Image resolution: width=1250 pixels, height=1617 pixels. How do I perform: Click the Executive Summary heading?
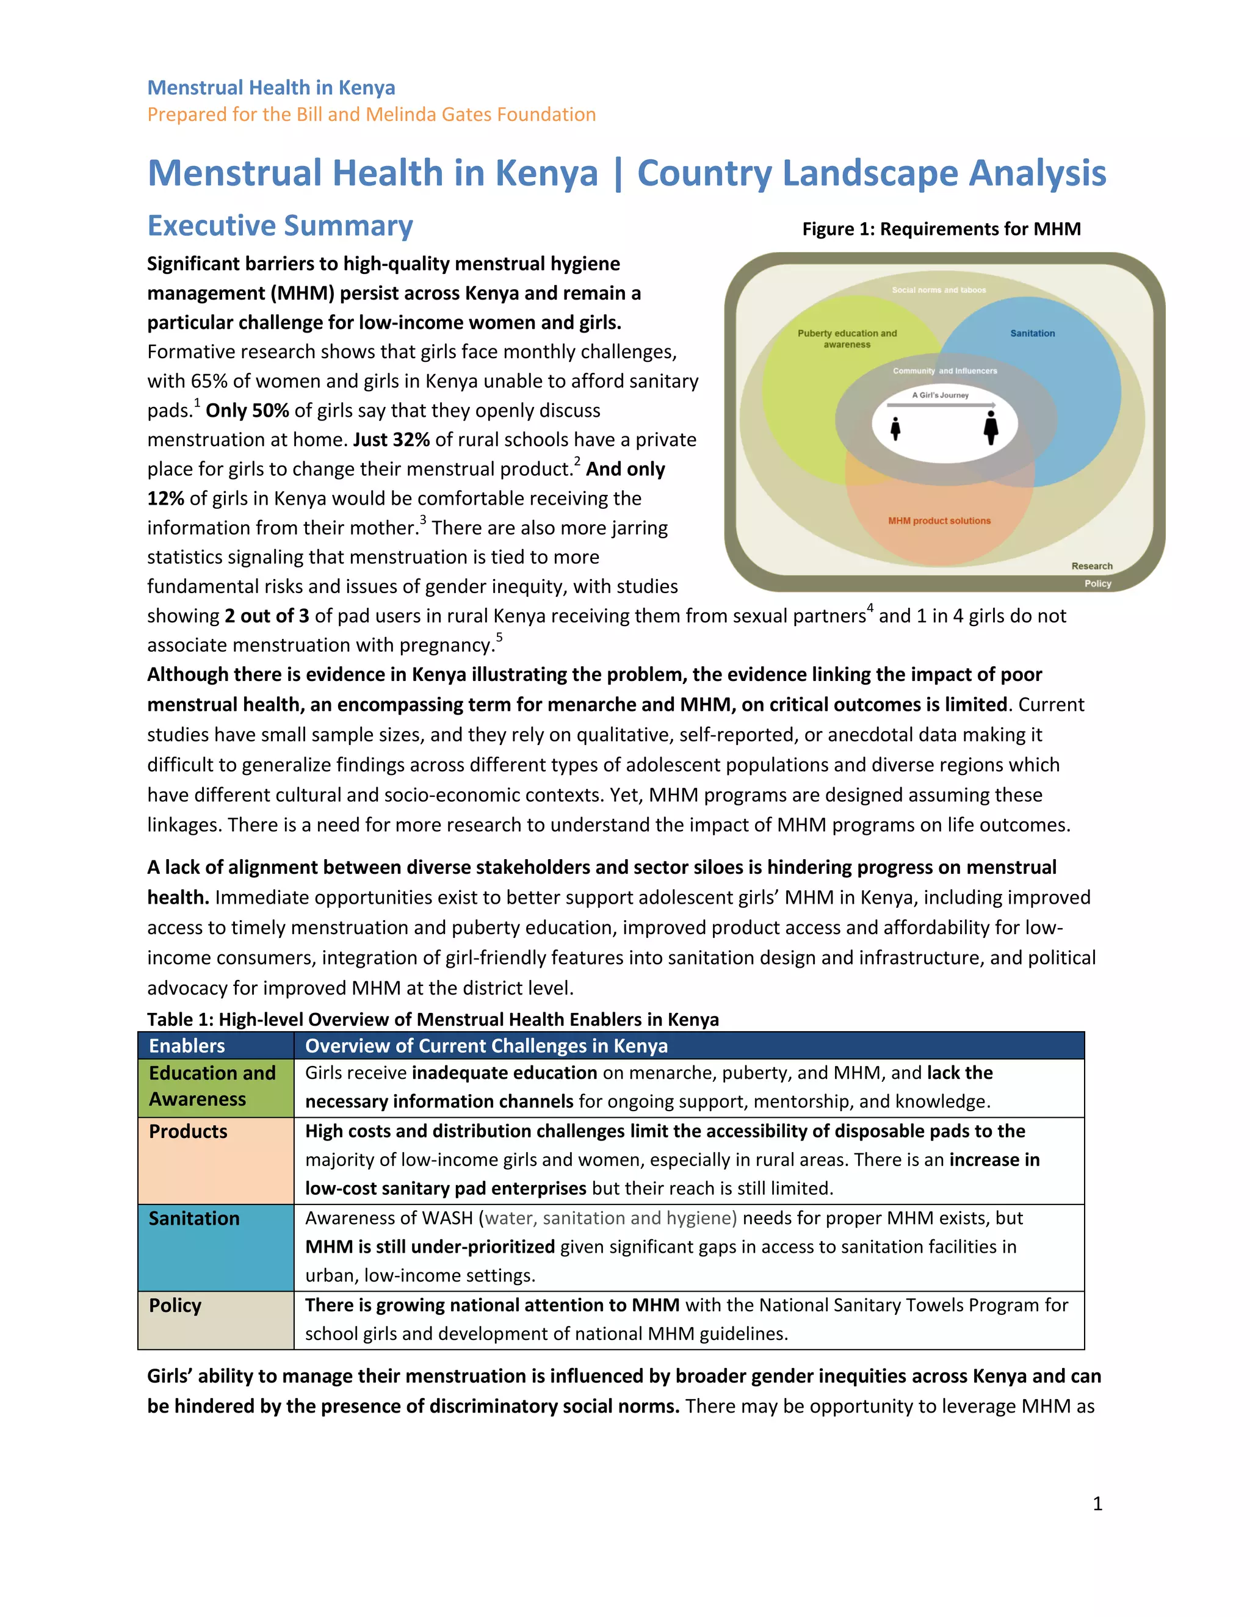coord(280,226)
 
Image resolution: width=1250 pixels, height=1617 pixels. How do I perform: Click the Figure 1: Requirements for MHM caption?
coord(941,229)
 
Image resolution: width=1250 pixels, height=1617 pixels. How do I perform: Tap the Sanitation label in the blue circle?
coord(1032,333)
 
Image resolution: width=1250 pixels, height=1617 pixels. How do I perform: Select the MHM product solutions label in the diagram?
coord(939,520)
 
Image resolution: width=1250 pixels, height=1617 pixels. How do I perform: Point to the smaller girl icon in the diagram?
coord(895,428)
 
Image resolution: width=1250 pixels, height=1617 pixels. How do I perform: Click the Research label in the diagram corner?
coord(1091,566)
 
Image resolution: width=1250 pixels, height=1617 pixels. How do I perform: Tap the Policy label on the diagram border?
coord(1097,583)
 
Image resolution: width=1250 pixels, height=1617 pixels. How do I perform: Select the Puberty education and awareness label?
coord(847,339)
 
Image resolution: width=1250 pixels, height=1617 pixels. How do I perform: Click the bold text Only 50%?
coord(247,410)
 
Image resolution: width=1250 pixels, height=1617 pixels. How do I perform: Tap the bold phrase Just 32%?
coord(391,440)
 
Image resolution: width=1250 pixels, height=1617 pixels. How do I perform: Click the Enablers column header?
coord(187,1045)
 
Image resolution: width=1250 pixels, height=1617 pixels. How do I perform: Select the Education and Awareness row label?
coord(212,1086)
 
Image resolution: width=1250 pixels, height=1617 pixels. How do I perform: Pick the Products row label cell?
coord(188,1131)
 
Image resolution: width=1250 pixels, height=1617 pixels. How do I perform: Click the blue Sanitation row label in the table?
coord(194,1218)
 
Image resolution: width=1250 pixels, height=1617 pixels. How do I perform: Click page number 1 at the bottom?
coord(1097,1503)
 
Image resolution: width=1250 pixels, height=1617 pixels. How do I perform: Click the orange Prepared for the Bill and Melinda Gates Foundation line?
coord(371,115)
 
